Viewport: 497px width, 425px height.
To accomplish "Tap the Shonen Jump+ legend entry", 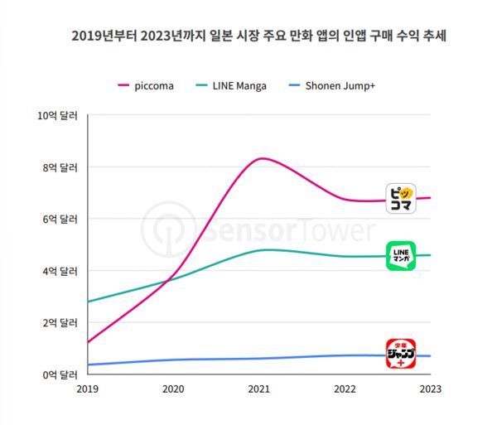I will pyautogui.click(x=330, y=86).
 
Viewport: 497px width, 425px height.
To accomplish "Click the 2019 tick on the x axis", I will pyautogui.click(x=88, y=388).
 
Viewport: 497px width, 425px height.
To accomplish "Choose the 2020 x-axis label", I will pyautogui.click(x=173, y=388).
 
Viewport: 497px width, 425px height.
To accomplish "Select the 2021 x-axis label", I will pyautogui.click(x=259, y=388).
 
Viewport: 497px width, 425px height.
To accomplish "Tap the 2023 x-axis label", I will pyautogui.click(x=430, y=388).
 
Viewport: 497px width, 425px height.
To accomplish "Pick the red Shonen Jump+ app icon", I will pyautogui.click(x=401, y=355).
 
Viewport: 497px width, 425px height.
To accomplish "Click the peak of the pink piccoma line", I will pyautogui.click(x=262, y=158).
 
